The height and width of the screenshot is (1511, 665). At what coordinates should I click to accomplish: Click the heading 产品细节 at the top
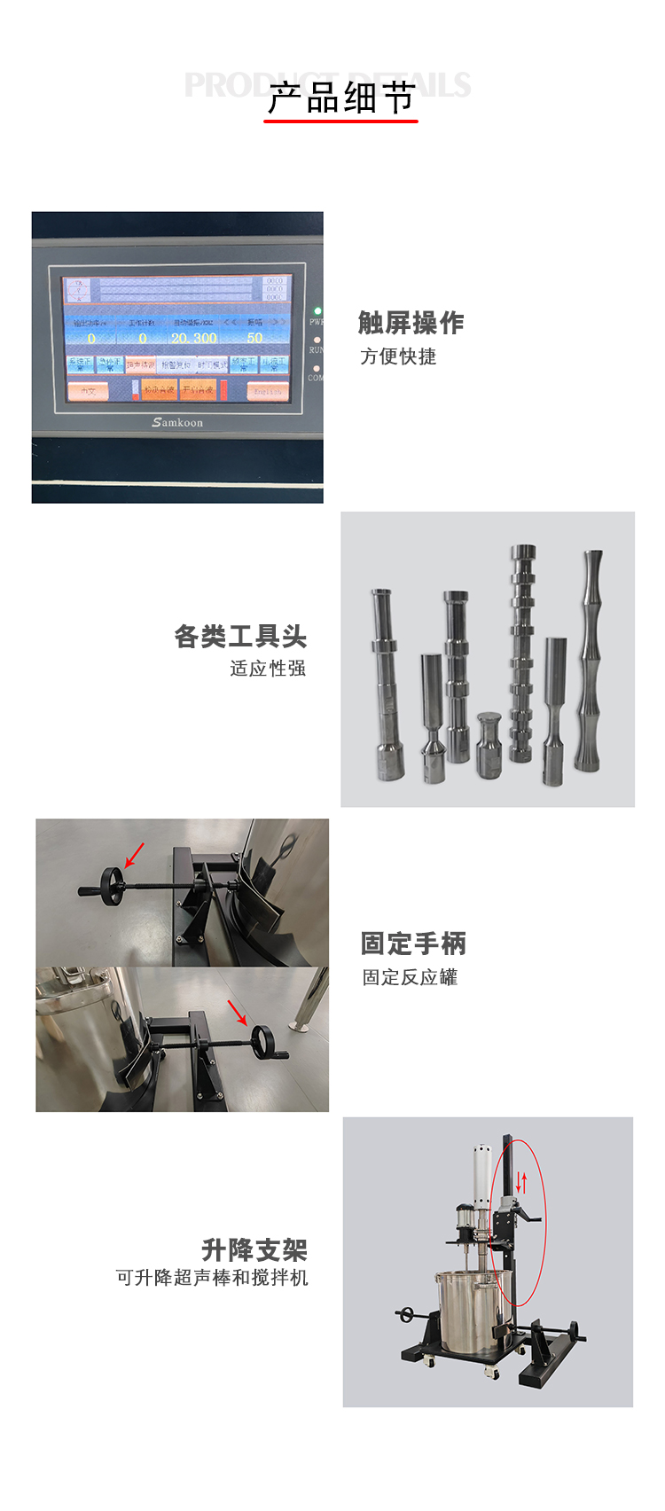point(341,98)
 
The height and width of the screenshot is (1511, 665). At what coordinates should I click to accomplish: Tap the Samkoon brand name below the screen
point(177,423)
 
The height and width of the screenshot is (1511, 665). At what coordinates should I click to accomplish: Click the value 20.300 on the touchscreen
point(193,338)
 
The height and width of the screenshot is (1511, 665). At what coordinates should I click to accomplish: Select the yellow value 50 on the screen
point(254,338)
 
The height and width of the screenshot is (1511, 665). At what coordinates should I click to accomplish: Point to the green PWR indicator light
point(317,311)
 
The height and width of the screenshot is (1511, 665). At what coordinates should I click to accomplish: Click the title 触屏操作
point(411,323)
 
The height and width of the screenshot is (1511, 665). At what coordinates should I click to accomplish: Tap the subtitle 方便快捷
point(398,356)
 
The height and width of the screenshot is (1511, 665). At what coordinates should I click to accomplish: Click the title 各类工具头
point(240,636)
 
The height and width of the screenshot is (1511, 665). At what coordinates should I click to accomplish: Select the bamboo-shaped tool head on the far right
point(591,661)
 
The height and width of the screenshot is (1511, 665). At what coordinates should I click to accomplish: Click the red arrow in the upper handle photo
point(134,855)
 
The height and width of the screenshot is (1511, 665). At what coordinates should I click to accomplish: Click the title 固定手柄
point(413,943)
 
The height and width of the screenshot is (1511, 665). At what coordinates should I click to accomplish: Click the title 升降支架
point(254,1250)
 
